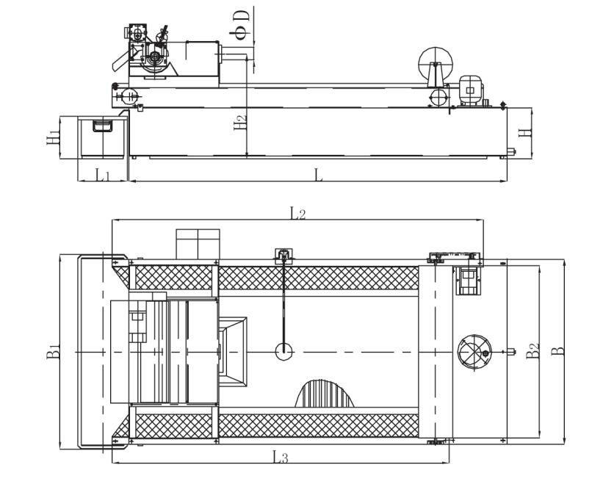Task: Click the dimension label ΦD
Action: [x=242, y=26]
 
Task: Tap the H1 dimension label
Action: [x=53, y=137]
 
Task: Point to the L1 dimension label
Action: [x=103, y=176]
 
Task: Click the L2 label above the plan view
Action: [x=297, y=213]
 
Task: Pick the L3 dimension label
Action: [x=281, y=457]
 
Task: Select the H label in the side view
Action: [x=524, y=133]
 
